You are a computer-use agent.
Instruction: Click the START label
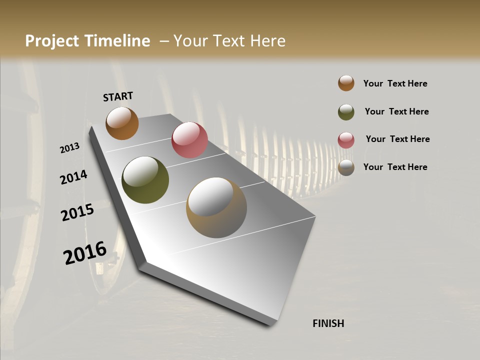click(118, 96)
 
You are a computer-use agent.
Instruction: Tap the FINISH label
click(328, 323)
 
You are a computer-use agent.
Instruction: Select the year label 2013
click(70, 148)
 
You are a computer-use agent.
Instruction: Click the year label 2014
click(73, 177)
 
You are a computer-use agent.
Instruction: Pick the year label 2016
click(85, 253)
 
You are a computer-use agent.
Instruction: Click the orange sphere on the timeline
click(122, 123)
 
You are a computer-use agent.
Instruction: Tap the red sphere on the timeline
click(189, 140)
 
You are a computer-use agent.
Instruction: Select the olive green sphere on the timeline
click(145, 180)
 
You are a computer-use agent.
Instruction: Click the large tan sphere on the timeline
click(216, 207)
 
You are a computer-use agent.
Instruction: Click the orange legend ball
click(346, 83)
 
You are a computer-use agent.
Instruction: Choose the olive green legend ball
click(346, 112)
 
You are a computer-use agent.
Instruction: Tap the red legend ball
click(346, 140)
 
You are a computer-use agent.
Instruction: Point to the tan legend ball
click(346, 167)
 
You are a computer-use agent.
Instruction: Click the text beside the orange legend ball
click(395, 83)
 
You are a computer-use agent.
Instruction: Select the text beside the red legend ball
click(397, 139)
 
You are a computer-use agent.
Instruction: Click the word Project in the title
click(52, 41)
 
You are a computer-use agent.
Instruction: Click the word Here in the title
click(268, 41)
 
